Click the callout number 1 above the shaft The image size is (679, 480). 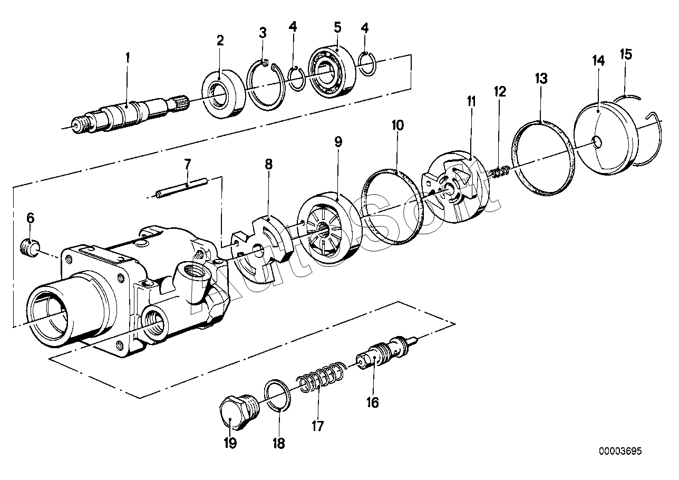[x=128, y=57]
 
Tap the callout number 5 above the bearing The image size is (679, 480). [x=338, y=27]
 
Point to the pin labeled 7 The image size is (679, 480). [x=181, y=189]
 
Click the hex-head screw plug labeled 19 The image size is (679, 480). [x=239, y=412]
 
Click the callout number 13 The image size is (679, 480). [x=541, y=78]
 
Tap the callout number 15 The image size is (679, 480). [x=626, y=54]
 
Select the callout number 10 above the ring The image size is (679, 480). [x=397, y=125]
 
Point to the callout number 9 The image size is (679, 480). [x=338, y=141]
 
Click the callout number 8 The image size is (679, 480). [x=268, y=164]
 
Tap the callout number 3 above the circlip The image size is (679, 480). [x=263, y=33]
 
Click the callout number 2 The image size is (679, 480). [x=220, y=40]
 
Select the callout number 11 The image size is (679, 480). [x=471, y=101]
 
